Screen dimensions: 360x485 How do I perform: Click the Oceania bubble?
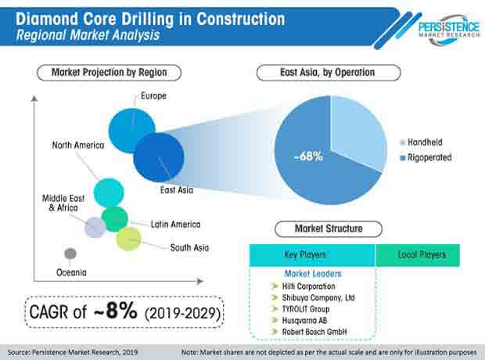coord(70,253)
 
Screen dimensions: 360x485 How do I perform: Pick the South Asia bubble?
coord(128,239)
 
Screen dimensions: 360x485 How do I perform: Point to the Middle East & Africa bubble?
coord(95,227)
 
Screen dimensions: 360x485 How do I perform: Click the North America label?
coord(78,145)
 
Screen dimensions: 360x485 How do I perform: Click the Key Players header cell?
coord(311,255)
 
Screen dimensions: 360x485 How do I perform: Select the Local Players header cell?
coord(417,255)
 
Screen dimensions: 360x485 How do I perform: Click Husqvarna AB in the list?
coord(298,319)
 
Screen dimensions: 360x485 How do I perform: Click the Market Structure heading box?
coord(328,229)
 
